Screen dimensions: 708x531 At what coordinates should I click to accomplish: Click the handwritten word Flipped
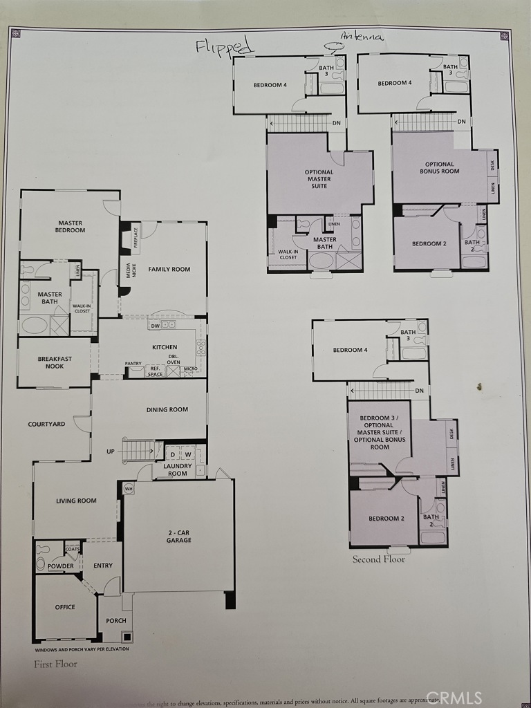pos(225,46)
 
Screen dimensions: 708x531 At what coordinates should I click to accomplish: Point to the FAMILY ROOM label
pos(169,269)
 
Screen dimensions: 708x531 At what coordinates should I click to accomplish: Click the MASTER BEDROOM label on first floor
pos(71,227)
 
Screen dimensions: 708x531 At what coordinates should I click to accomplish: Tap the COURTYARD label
pos(46,424)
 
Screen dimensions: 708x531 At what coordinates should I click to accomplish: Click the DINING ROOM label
pos(167,409)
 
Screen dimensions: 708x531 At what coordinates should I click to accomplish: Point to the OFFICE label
pos(65,607)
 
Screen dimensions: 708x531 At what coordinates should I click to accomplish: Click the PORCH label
pos(116,620)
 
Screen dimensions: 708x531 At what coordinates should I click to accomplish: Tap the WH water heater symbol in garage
pos(128,488)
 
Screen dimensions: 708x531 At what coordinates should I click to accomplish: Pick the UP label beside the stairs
pos(111,451)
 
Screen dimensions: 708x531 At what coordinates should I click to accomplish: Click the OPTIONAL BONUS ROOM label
pos(439,167)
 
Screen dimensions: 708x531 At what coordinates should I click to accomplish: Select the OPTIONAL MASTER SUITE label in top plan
pos(319,179)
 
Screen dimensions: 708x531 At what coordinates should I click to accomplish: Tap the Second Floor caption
pos(378,559)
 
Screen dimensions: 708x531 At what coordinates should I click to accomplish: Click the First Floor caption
pos(55,664)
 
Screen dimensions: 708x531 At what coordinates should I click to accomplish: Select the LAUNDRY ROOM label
pos(177,469)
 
